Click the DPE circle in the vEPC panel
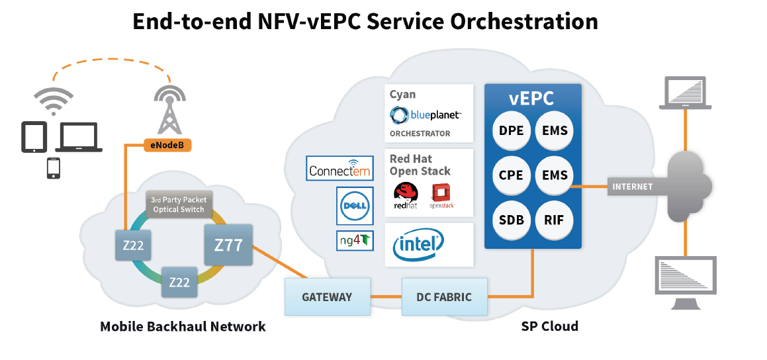coord(511,130)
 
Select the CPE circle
coord(511,175)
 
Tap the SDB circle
coord(511,220)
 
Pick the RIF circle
coord(554,220)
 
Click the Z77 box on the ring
coord(227,246)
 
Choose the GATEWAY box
coord(327,296)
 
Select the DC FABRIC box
coord(445,296)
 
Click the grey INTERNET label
coord(632,187)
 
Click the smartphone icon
coord(52,168)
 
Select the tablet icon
coord(34,136)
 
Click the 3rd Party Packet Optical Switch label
coord(179,204)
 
